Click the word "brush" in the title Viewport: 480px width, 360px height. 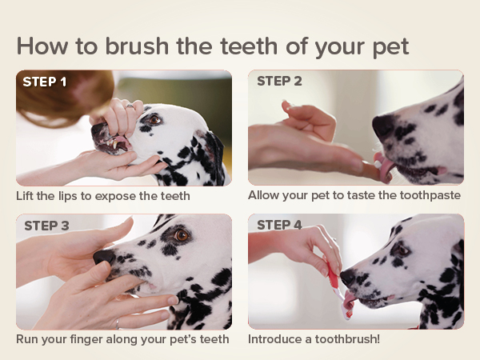[x=137, y=46]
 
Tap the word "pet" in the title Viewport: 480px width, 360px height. [x=390, y=47]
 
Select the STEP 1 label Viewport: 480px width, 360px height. [x=44, y=82]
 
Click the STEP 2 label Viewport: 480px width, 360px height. [x=279, y=81]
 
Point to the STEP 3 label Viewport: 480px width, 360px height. [x=46, y=226]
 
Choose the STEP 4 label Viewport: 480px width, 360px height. [x=279, y=225]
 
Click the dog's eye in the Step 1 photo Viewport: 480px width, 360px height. [x=154, y=119]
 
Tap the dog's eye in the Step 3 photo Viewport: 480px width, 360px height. [x=182, y=235]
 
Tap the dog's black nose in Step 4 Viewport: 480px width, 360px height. [x=347, y=277]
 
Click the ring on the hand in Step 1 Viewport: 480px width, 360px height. [x=130, y=106]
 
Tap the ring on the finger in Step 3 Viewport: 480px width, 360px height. [x=118, y=323]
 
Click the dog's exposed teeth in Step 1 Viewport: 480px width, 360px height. [x=114, y=143]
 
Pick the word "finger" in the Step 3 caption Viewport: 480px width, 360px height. [x=88, y=339]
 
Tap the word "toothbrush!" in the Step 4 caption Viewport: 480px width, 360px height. [x=347, y=339]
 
